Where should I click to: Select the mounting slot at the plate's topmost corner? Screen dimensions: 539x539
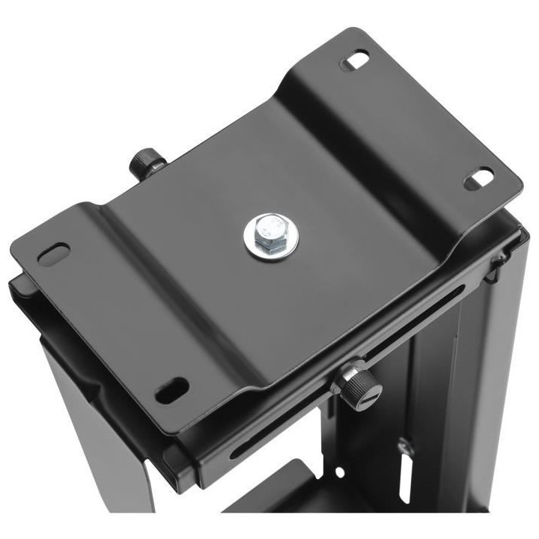(x=357, y=59)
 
